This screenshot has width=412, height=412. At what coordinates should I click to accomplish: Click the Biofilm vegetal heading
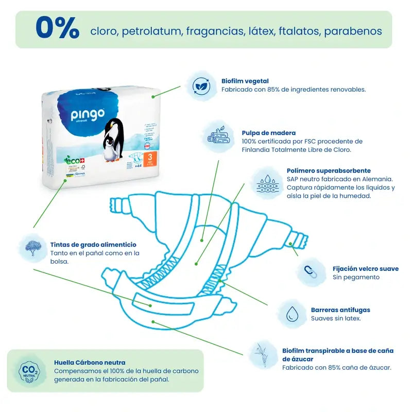pyautogui.click(x=245, y=81)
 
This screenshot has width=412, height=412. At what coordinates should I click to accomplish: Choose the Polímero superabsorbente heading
pyautogui.click(x=329, y=170)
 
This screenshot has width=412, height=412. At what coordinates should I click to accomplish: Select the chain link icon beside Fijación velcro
pyautogui.click(x=311, y=272)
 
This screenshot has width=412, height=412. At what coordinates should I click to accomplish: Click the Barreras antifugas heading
pyautogui.click(x=340, y=310)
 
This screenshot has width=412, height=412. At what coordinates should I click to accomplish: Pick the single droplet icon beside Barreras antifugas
pyautogui.click(x=293, y=313)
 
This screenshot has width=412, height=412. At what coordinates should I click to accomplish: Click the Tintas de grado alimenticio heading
pyautogui.click(x=93, y=245)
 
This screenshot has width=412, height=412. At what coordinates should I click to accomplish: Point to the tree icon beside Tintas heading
pyautogui.click(x=33, y=248)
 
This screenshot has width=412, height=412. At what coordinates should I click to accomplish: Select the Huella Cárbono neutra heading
pyautogui.click(x=90, y=362)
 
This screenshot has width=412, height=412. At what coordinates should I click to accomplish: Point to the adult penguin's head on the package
pyautogui.click(x=114, y=126)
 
